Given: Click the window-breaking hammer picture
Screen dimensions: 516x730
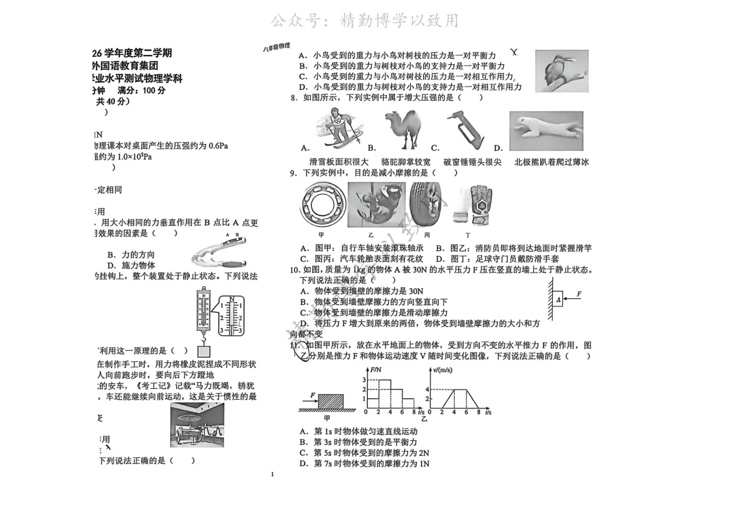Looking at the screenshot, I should [x=467, y=130].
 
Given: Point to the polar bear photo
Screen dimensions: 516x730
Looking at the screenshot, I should [x=545, y=131].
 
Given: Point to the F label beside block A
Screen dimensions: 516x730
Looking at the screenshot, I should [x=579, y=294].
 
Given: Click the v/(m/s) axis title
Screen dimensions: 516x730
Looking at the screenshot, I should [x=443, y=371].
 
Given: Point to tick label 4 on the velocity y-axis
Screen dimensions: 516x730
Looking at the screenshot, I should [x=427, y=390].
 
